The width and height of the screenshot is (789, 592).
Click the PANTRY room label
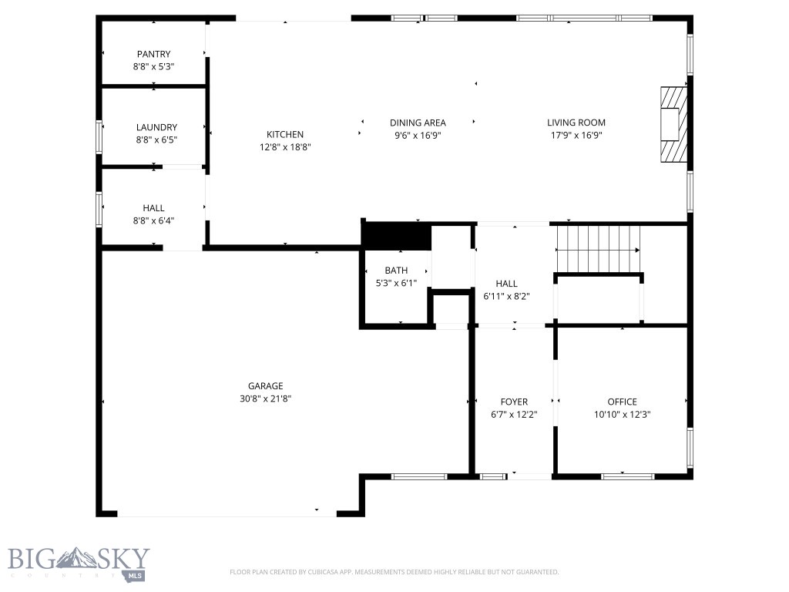tap(153, 54)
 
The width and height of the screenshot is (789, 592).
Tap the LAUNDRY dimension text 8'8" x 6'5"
tap(156, 140)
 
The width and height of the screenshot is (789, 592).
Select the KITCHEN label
tap(285, 134)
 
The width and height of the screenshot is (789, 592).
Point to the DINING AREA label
tap(418, 123)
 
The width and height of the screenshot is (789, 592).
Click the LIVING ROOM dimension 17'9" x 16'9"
tap(576, 135)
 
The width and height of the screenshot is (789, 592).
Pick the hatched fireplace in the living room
tap(672, 124)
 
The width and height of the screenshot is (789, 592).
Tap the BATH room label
tap(396, 271)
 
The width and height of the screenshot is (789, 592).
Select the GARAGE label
tap(265, 386)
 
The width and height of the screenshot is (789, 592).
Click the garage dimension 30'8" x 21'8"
tap(265, 399)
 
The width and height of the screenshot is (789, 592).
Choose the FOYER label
tap(514, 402)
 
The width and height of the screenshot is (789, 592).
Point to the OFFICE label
tap(622, 402)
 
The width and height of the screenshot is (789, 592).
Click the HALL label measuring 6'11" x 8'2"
tap(506, 284)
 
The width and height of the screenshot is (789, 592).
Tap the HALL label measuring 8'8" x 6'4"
tap(153, 208)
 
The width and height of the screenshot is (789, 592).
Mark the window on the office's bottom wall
tap(627, 476)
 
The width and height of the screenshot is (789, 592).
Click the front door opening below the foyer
tap(529, 476)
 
